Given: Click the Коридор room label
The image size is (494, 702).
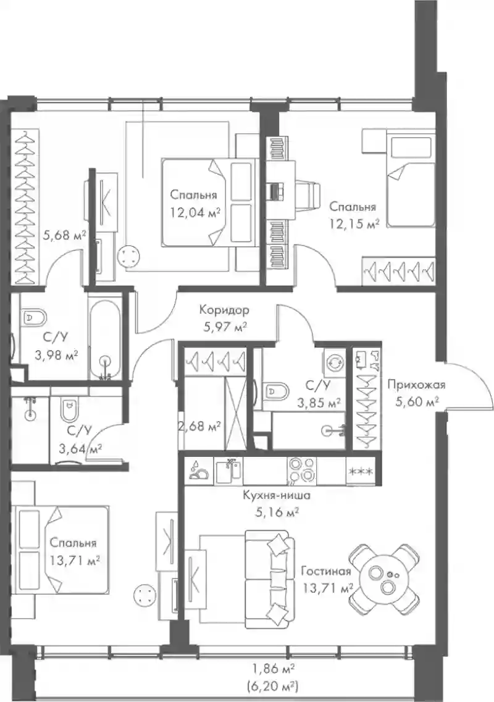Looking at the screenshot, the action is [x=224, y=310].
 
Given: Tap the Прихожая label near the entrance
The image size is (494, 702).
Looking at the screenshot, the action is [x=416, y=385].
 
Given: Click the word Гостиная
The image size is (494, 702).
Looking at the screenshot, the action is [x=325, y=572].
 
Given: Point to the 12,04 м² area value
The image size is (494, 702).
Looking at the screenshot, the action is [x=195, y=212].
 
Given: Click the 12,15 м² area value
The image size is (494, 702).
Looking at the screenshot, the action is [x=354, y=224].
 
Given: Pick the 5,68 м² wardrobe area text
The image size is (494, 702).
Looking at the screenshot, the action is [x=64, y=235].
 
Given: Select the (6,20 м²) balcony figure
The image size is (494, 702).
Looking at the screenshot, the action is [x=272, y=685].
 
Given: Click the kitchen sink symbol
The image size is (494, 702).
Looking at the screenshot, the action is [x=228, y=470].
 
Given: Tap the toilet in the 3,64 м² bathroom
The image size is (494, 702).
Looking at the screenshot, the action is [x=69, y=409].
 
